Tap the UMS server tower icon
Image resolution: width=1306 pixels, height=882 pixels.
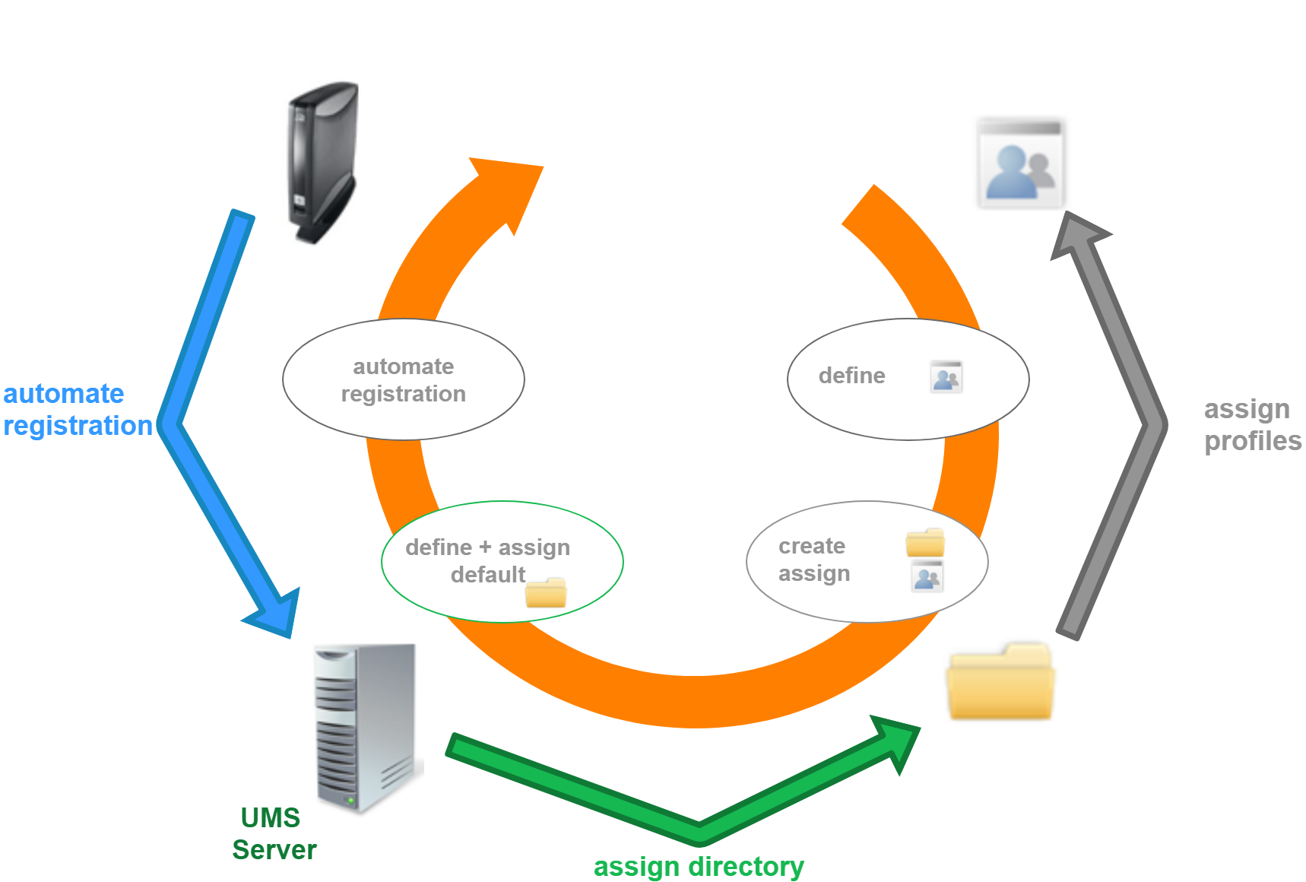[x=365, y=726]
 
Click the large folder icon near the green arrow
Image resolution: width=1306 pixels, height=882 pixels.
[x=1000, y=682]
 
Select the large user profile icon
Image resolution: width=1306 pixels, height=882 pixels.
[x=1020, y=163]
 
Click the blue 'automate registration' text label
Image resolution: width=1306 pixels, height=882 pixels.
[x=76, y=409]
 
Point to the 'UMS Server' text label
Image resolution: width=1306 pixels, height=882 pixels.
[x=273, y=833]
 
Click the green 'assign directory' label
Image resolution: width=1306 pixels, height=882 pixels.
[x=698, y=866]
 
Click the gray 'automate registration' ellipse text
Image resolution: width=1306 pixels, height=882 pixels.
[x=403, y=379]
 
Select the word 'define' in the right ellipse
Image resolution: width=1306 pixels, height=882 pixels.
[x=851, y=376]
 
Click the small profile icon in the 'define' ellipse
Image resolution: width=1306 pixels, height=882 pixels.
[x=946, y=377]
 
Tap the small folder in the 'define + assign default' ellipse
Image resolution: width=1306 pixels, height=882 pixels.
[x=546, y=592]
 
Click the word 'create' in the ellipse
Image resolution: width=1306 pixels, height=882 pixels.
[x=811, y=546]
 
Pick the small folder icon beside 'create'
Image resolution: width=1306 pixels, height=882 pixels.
[x=924, y=543]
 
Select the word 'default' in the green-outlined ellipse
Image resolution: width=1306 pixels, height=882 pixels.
[x=487, y=575]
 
